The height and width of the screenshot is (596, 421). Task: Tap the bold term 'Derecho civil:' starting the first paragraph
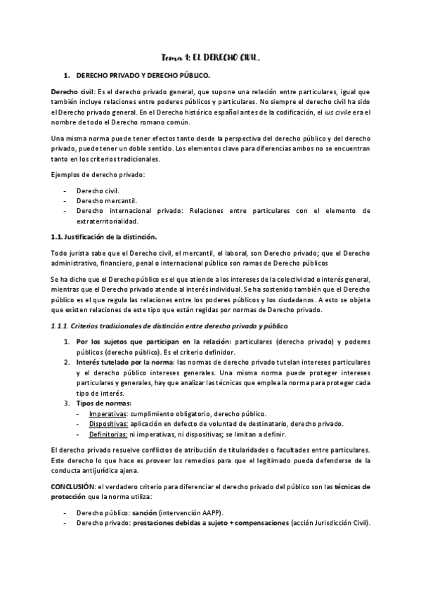[x=72, y=93]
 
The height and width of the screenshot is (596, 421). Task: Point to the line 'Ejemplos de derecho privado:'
[x=96, y=174]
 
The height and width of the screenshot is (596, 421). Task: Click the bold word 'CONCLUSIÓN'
[x=75, y=486]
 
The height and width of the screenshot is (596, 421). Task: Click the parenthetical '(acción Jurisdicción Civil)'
[x=328, y=523]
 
